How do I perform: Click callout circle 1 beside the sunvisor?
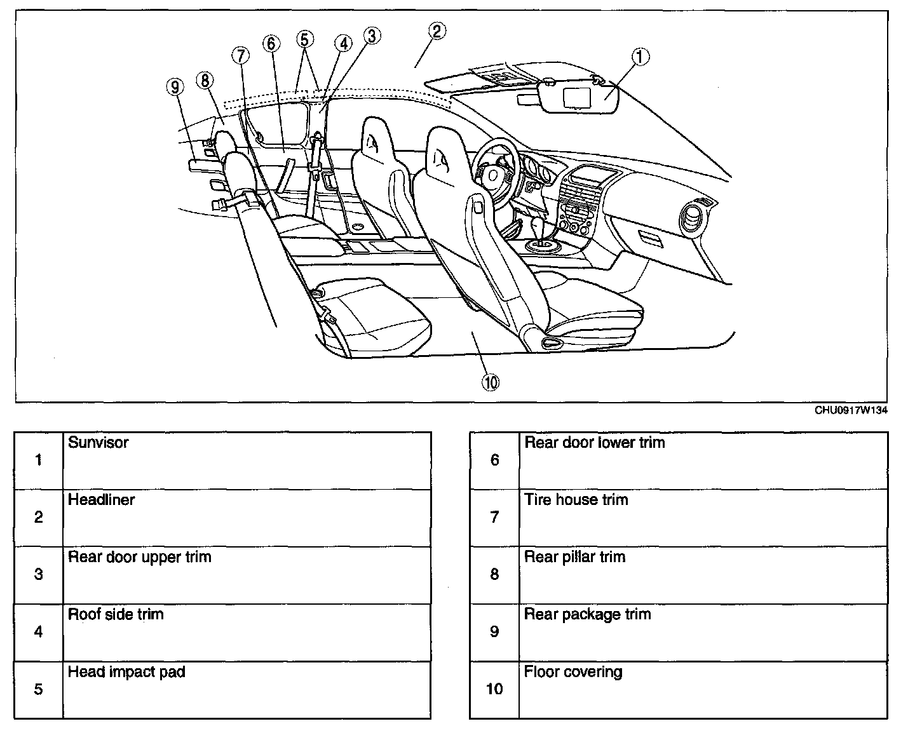coord(640,57)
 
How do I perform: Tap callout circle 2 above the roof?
coord(437,31)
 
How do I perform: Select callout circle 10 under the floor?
coord(491,382)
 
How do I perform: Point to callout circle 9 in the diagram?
coord(175,86)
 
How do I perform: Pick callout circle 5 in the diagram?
coord(304,39)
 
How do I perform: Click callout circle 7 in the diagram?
coord(241,56)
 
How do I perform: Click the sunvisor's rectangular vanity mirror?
coord(577,97)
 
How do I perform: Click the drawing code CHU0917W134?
coord(851,410)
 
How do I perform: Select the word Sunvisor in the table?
coord(98,442)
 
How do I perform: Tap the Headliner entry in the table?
coord(102,500)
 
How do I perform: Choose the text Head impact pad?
coord(126,671)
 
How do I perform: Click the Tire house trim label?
coord(576,500)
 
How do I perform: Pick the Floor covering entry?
coord(573,671)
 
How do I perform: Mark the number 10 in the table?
coord(494,689)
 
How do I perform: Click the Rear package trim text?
coord(587,614)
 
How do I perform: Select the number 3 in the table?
coord(39,575)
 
